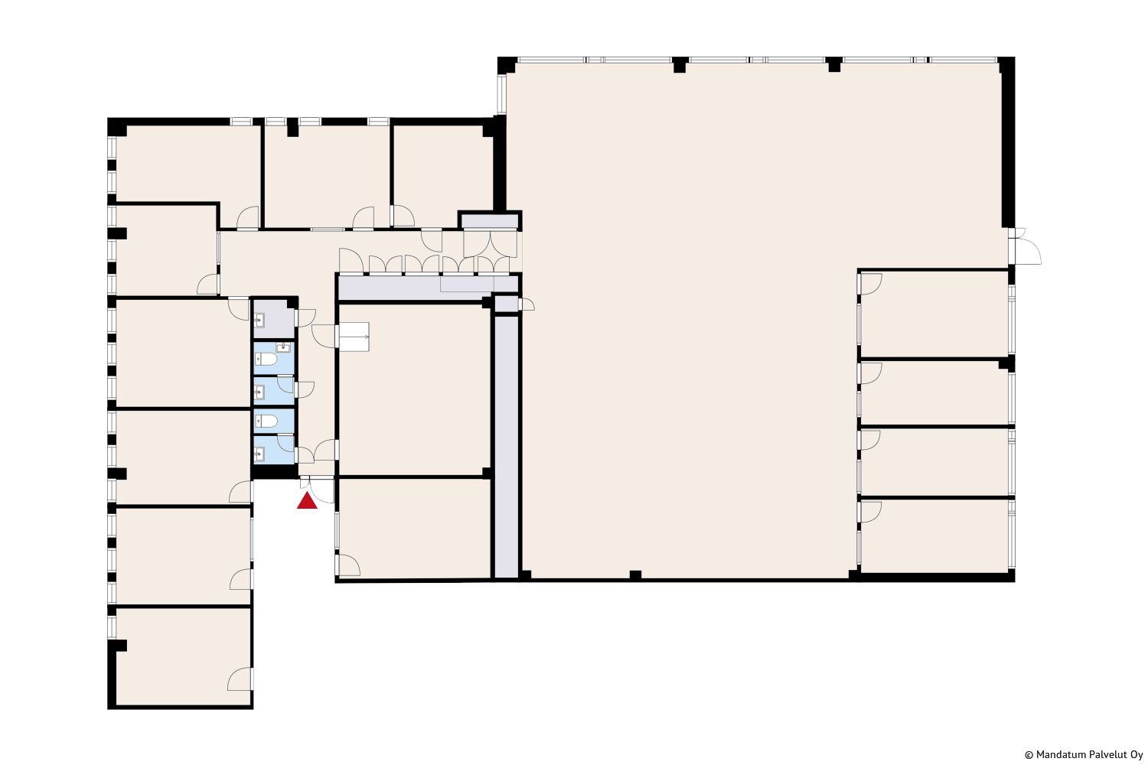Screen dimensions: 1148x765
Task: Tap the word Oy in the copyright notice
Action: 1137,755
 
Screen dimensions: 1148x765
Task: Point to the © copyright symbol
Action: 1029,755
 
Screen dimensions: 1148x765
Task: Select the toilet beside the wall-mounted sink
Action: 266,359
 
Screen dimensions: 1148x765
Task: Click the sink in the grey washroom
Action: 259,321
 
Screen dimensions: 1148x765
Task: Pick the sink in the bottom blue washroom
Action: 259,454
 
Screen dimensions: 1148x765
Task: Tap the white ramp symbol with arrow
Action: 354,337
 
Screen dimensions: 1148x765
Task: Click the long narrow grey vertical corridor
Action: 507,447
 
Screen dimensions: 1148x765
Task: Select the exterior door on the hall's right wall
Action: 1025,246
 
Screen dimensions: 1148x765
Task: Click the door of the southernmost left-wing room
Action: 240,679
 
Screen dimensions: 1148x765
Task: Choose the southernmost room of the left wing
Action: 184,657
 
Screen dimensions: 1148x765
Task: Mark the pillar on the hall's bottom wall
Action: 635,575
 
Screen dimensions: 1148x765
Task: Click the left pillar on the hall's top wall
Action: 680,64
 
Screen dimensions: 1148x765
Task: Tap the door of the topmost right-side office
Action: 870,285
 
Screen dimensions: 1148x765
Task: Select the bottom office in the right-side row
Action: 934,536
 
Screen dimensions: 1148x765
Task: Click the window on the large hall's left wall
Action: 502,94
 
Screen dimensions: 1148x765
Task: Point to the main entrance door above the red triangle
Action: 318,490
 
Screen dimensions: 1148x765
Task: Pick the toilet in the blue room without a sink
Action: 266,422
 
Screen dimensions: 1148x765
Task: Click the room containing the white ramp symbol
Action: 414,389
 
